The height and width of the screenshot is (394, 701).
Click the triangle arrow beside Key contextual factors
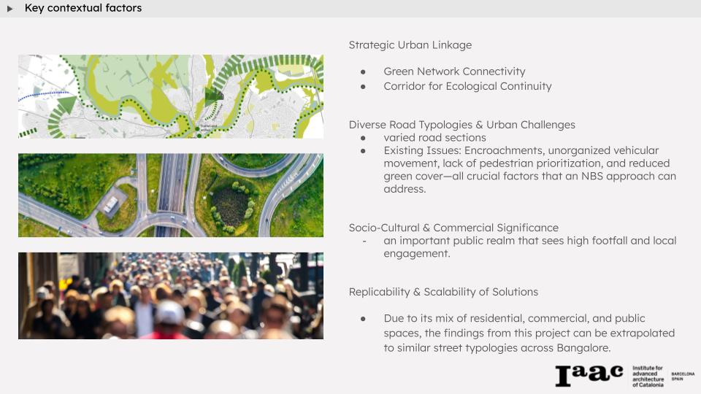coord(9,9)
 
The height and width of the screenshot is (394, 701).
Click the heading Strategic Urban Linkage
coord(410,45)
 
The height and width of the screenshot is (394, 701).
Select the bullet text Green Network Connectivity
coord(454,72)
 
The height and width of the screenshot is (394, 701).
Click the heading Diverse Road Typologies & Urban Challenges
coord(461,125)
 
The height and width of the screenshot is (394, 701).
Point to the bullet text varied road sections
coord(434,138)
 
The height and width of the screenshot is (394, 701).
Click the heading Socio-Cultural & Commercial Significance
coord(453,228)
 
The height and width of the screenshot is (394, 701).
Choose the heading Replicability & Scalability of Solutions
coord(443,292)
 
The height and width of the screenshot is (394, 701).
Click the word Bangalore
coord(583,348)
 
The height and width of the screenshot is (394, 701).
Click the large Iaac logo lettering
coord(589,375)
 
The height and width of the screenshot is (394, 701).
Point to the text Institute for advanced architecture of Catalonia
coord(648,376)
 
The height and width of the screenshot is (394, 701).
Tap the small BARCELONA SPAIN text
coord(683,376)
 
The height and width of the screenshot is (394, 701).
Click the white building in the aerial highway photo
coord(110,204)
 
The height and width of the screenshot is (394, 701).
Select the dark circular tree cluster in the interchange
coord(231,206)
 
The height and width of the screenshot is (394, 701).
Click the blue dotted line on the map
coord(44,94)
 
